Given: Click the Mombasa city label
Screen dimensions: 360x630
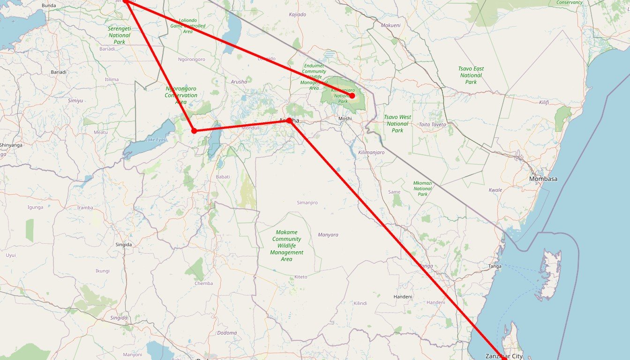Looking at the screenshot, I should click(543, 179).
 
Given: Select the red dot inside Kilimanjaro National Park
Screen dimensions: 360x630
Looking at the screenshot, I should click(352, 96).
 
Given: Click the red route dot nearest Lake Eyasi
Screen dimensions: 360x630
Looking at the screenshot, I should click(194, 131).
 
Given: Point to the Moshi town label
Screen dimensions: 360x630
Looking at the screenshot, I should click(345, 119).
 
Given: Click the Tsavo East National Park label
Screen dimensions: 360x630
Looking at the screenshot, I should click(471, 75).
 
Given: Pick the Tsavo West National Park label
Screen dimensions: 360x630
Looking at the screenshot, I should click(397, 124).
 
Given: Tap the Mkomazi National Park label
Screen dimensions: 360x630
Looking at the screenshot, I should click(423, 188).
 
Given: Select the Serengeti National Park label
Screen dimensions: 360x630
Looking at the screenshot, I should click(120, 35).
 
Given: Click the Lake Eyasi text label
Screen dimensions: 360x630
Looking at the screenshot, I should click(156, 140).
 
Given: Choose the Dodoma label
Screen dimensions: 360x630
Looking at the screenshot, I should click(227, 333).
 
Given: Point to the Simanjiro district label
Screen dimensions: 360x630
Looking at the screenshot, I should click(307, 202).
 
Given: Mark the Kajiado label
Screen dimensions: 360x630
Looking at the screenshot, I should click(298, 15).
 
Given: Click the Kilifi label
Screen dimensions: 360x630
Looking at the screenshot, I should click(544, 102).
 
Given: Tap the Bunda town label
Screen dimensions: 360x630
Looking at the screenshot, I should click(49, 6).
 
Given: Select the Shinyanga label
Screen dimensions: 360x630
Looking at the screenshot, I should click(11, 145).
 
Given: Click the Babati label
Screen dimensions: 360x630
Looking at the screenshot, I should click(223, 177).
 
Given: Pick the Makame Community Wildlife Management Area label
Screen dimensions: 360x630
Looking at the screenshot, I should click(286, 246).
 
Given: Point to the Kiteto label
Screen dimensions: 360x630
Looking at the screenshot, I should click(301, 277).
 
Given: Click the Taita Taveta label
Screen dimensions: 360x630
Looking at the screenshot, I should click(432, 125).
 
